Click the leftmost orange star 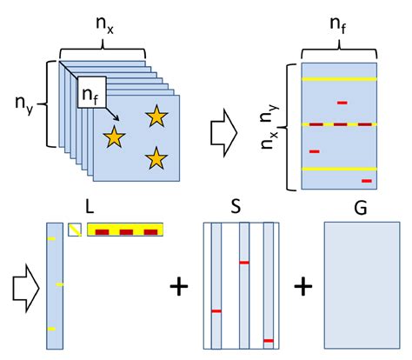tap(114, 136)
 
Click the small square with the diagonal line tap(75, 230)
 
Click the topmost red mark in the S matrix tap(244, 260)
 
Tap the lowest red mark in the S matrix tap(269, 340)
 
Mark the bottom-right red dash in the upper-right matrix tap(366, 181)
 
